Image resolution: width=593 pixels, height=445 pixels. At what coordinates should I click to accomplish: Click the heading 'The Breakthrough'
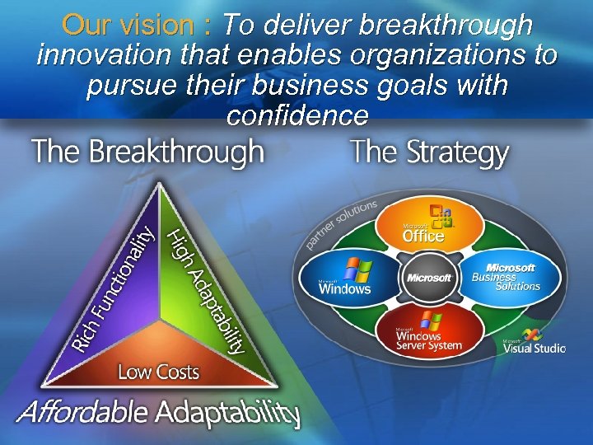pos(148,152)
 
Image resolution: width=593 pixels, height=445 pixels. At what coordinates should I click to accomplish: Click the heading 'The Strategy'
pos(429,154)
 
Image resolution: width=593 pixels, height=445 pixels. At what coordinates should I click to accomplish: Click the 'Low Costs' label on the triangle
pos(158,372)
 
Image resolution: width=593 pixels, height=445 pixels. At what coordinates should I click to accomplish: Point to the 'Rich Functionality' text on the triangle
pos(112,288)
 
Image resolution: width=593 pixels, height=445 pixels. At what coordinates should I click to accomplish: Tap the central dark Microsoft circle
pos(427,278)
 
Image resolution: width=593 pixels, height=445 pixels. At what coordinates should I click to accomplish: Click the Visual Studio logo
pos(535,343)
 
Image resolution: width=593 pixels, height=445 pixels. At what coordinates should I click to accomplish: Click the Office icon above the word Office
pos(446,215)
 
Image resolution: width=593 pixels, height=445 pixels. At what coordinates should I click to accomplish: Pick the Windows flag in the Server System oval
pos(427,320)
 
